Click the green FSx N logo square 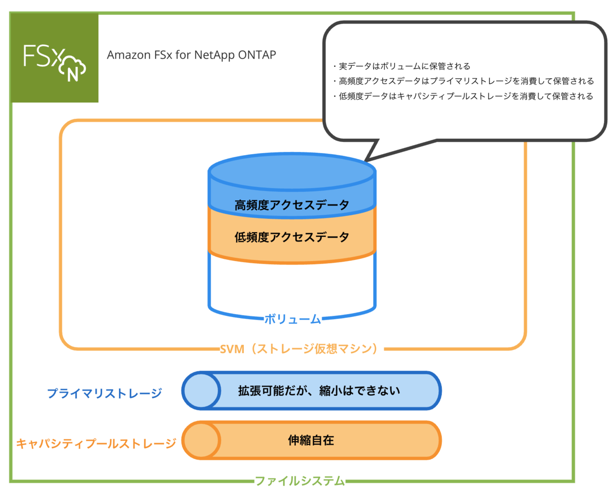[x=54, y=58]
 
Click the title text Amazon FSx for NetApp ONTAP [x=191, y=55]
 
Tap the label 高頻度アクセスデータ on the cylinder [x=292, y=205]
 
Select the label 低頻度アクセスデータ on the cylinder [x=292, y=237]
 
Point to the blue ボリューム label [x=293, y=319]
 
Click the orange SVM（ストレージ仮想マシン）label [x=298, y=349]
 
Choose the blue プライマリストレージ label [x=104, y=393]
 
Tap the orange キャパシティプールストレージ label [x=96, y=443]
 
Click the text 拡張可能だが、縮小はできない [x=319, y=391]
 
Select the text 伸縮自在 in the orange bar [x=311, y=440]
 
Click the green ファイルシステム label [x=300, y=481]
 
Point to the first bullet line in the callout [x=401, y=66]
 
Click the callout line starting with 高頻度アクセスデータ [x=463, y=81]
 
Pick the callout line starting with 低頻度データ [x=463, y=96]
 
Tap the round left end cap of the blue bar [x=201, y=391]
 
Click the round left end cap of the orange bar [x=201, y=440]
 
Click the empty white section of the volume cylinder [x=292, y=285]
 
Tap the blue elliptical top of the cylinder [x=292, y=172]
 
